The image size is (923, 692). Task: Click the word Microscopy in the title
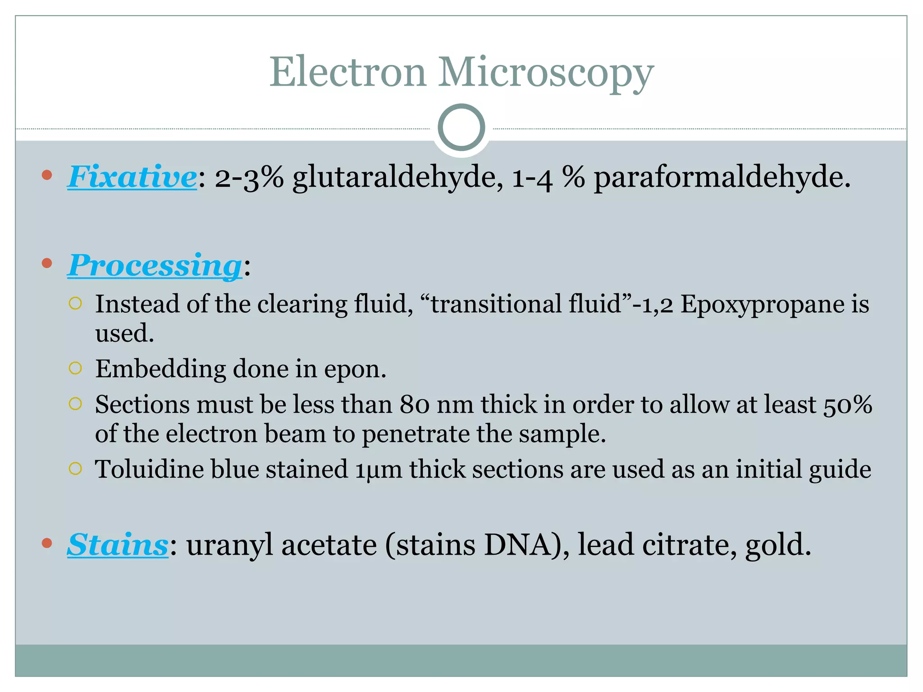546,73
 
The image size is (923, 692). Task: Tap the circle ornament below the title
461,127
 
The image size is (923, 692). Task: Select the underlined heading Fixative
132,177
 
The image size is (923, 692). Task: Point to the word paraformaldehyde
721,177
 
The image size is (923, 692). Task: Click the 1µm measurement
378,470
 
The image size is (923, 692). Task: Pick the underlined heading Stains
118,545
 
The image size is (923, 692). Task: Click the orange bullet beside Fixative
47,175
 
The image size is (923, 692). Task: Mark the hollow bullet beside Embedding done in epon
75,369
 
